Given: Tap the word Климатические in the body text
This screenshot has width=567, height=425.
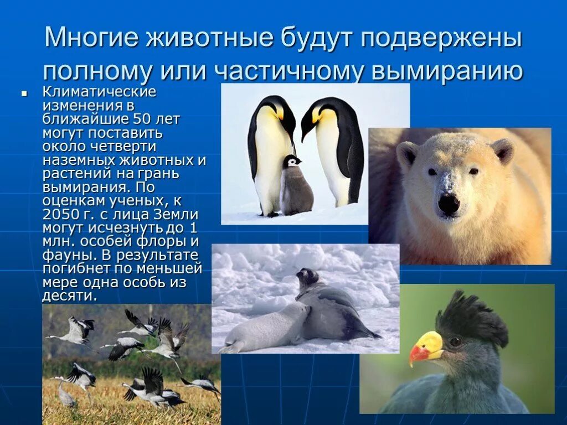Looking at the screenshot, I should coord(99,91).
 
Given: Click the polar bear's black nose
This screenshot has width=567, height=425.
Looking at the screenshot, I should coord(449,204).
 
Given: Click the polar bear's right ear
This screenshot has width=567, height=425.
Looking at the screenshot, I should coord(503,149).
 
